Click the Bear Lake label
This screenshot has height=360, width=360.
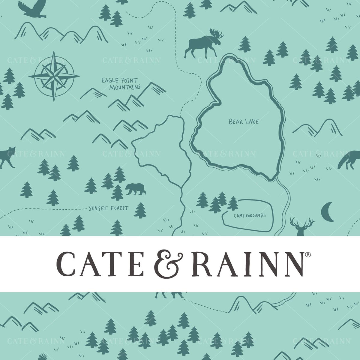click(239, 122)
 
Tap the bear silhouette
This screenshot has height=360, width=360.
click(135, 189)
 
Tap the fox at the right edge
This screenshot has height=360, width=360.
click(349, 160)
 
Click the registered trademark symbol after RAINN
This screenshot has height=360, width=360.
click(307, 254)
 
